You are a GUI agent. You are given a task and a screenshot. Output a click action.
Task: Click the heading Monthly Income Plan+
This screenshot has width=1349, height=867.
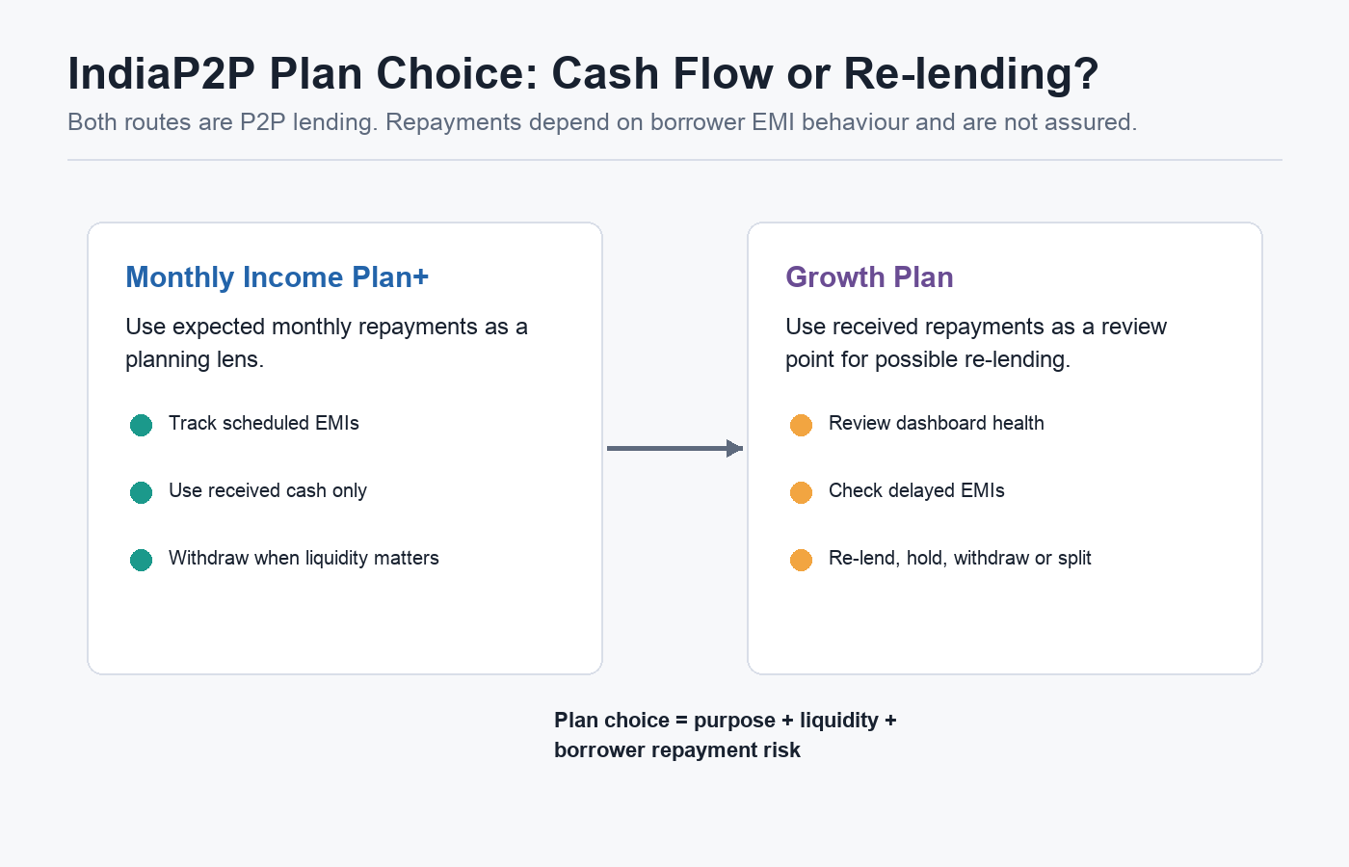coord(278,277)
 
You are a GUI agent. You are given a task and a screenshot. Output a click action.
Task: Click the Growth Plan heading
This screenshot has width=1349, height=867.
coord(869,277)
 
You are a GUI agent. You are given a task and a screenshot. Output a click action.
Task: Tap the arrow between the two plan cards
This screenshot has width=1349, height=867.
coord(675,448)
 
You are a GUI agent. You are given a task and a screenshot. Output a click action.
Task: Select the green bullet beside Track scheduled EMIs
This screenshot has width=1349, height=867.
coord(141,425)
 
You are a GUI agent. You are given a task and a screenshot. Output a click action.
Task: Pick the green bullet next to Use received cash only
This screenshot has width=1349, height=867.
coord(141,492)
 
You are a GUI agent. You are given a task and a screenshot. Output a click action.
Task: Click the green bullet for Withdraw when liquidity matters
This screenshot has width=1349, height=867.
coord(141,560)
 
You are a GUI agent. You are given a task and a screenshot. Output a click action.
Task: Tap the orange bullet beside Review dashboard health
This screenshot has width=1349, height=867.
coord(801,425)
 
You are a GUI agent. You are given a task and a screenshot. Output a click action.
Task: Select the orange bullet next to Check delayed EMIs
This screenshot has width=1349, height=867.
coord(801,492)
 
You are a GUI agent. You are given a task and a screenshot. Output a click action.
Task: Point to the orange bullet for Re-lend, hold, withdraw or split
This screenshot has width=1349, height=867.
coord(801,560)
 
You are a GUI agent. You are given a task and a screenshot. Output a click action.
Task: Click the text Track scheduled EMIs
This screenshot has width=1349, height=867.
coord(264,423)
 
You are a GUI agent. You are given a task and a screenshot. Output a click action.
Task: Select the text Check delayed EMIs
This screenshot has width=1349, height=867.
coord(916,490)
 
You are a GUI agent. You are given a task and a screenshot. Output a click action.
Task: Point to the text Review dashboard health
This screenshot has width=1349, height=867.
coord(937,423)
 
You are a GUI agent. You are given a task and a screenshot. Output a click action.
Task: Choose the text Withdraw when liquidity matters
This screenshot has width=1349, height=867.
coord(304,558)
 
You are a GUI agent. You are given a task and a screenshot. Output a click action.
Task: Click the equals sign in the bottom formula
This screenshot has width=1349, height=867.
coord(682,721)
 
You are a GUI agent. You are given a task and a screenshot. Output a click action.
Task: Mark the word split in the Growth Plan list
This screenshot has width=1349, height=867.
coord(1074,559)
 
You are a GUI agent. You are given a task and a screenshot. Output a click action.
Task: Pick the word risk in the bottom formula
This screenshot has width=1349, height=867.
coord(783,750)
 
